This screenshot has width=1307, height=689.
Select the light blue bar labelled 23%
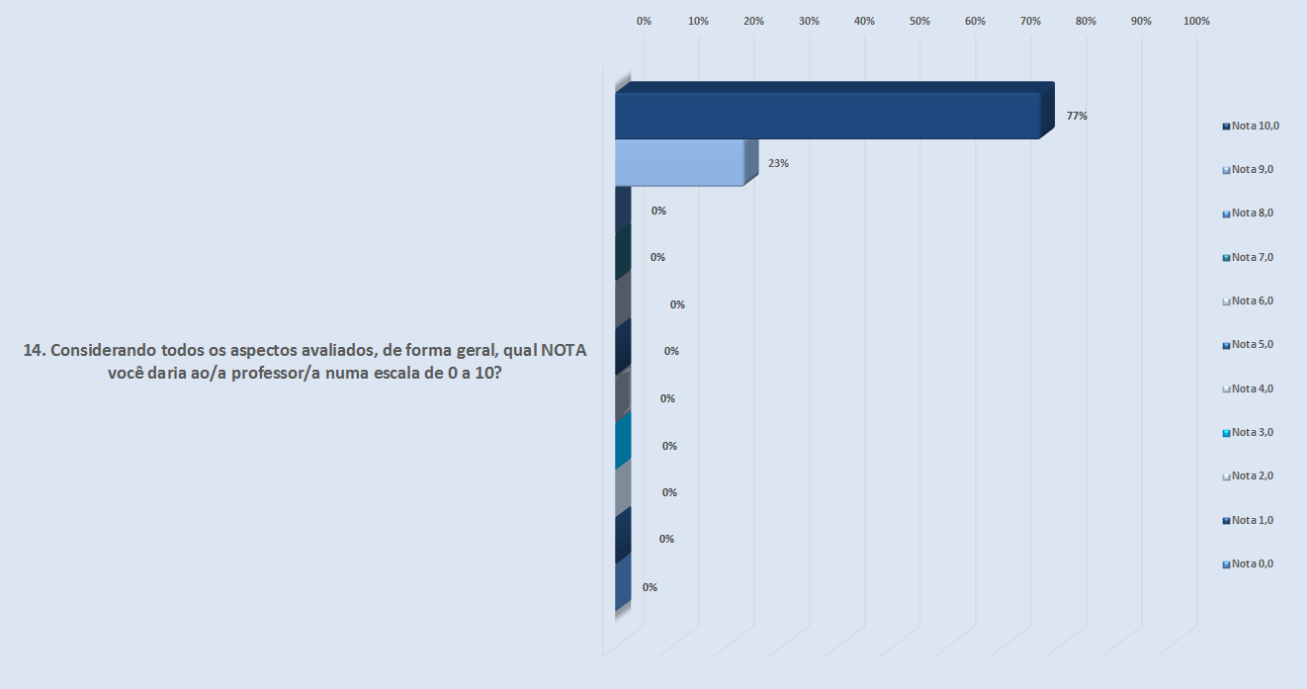pyautogui.click(x=679, y=163)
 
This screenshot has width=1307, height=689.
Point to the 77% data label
pyautogui.click(x=1077, y=116)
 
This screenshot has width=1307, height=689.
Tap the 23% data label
pyautogui.click(x=778, y=163)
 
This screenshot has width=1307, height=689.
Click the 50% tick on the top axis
pyautogui.click(x=920, y=21)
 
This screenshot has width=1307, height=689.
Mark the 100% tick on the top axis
pyautogui.click(x=1196, y=21)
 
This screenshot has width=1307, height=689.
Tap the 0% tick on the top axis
pyautogui.click(x=644, y=21)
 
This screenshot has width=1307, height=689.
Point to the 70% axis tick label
pyautogui.click(x=1031, y=21)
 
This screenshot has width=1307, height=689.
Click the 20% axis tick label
pyautogui.click(x=754, y=21)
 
